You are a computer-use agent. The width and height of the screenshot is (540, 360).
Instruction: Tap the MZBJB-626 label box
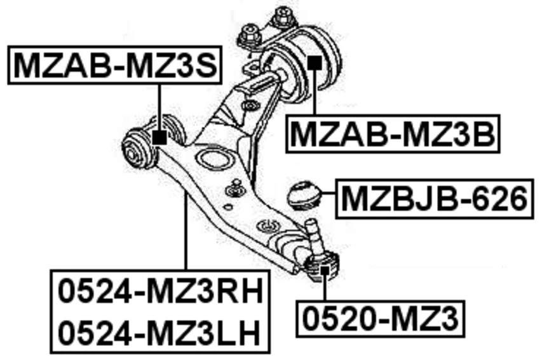pos(435,199)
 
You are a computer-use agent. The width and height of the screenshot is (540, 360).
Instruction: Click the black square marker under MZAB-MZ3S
pos(159,136)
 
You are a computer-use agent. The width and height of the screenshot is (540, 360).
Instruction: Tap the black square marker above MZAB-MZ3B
pos(313,63)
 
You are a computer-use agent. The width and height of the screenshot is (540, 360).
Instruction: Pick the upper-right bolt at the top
pos(281,17)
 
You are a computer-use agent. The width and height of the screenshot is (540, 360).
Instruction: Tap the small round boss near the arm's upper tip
pos(252,105)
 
